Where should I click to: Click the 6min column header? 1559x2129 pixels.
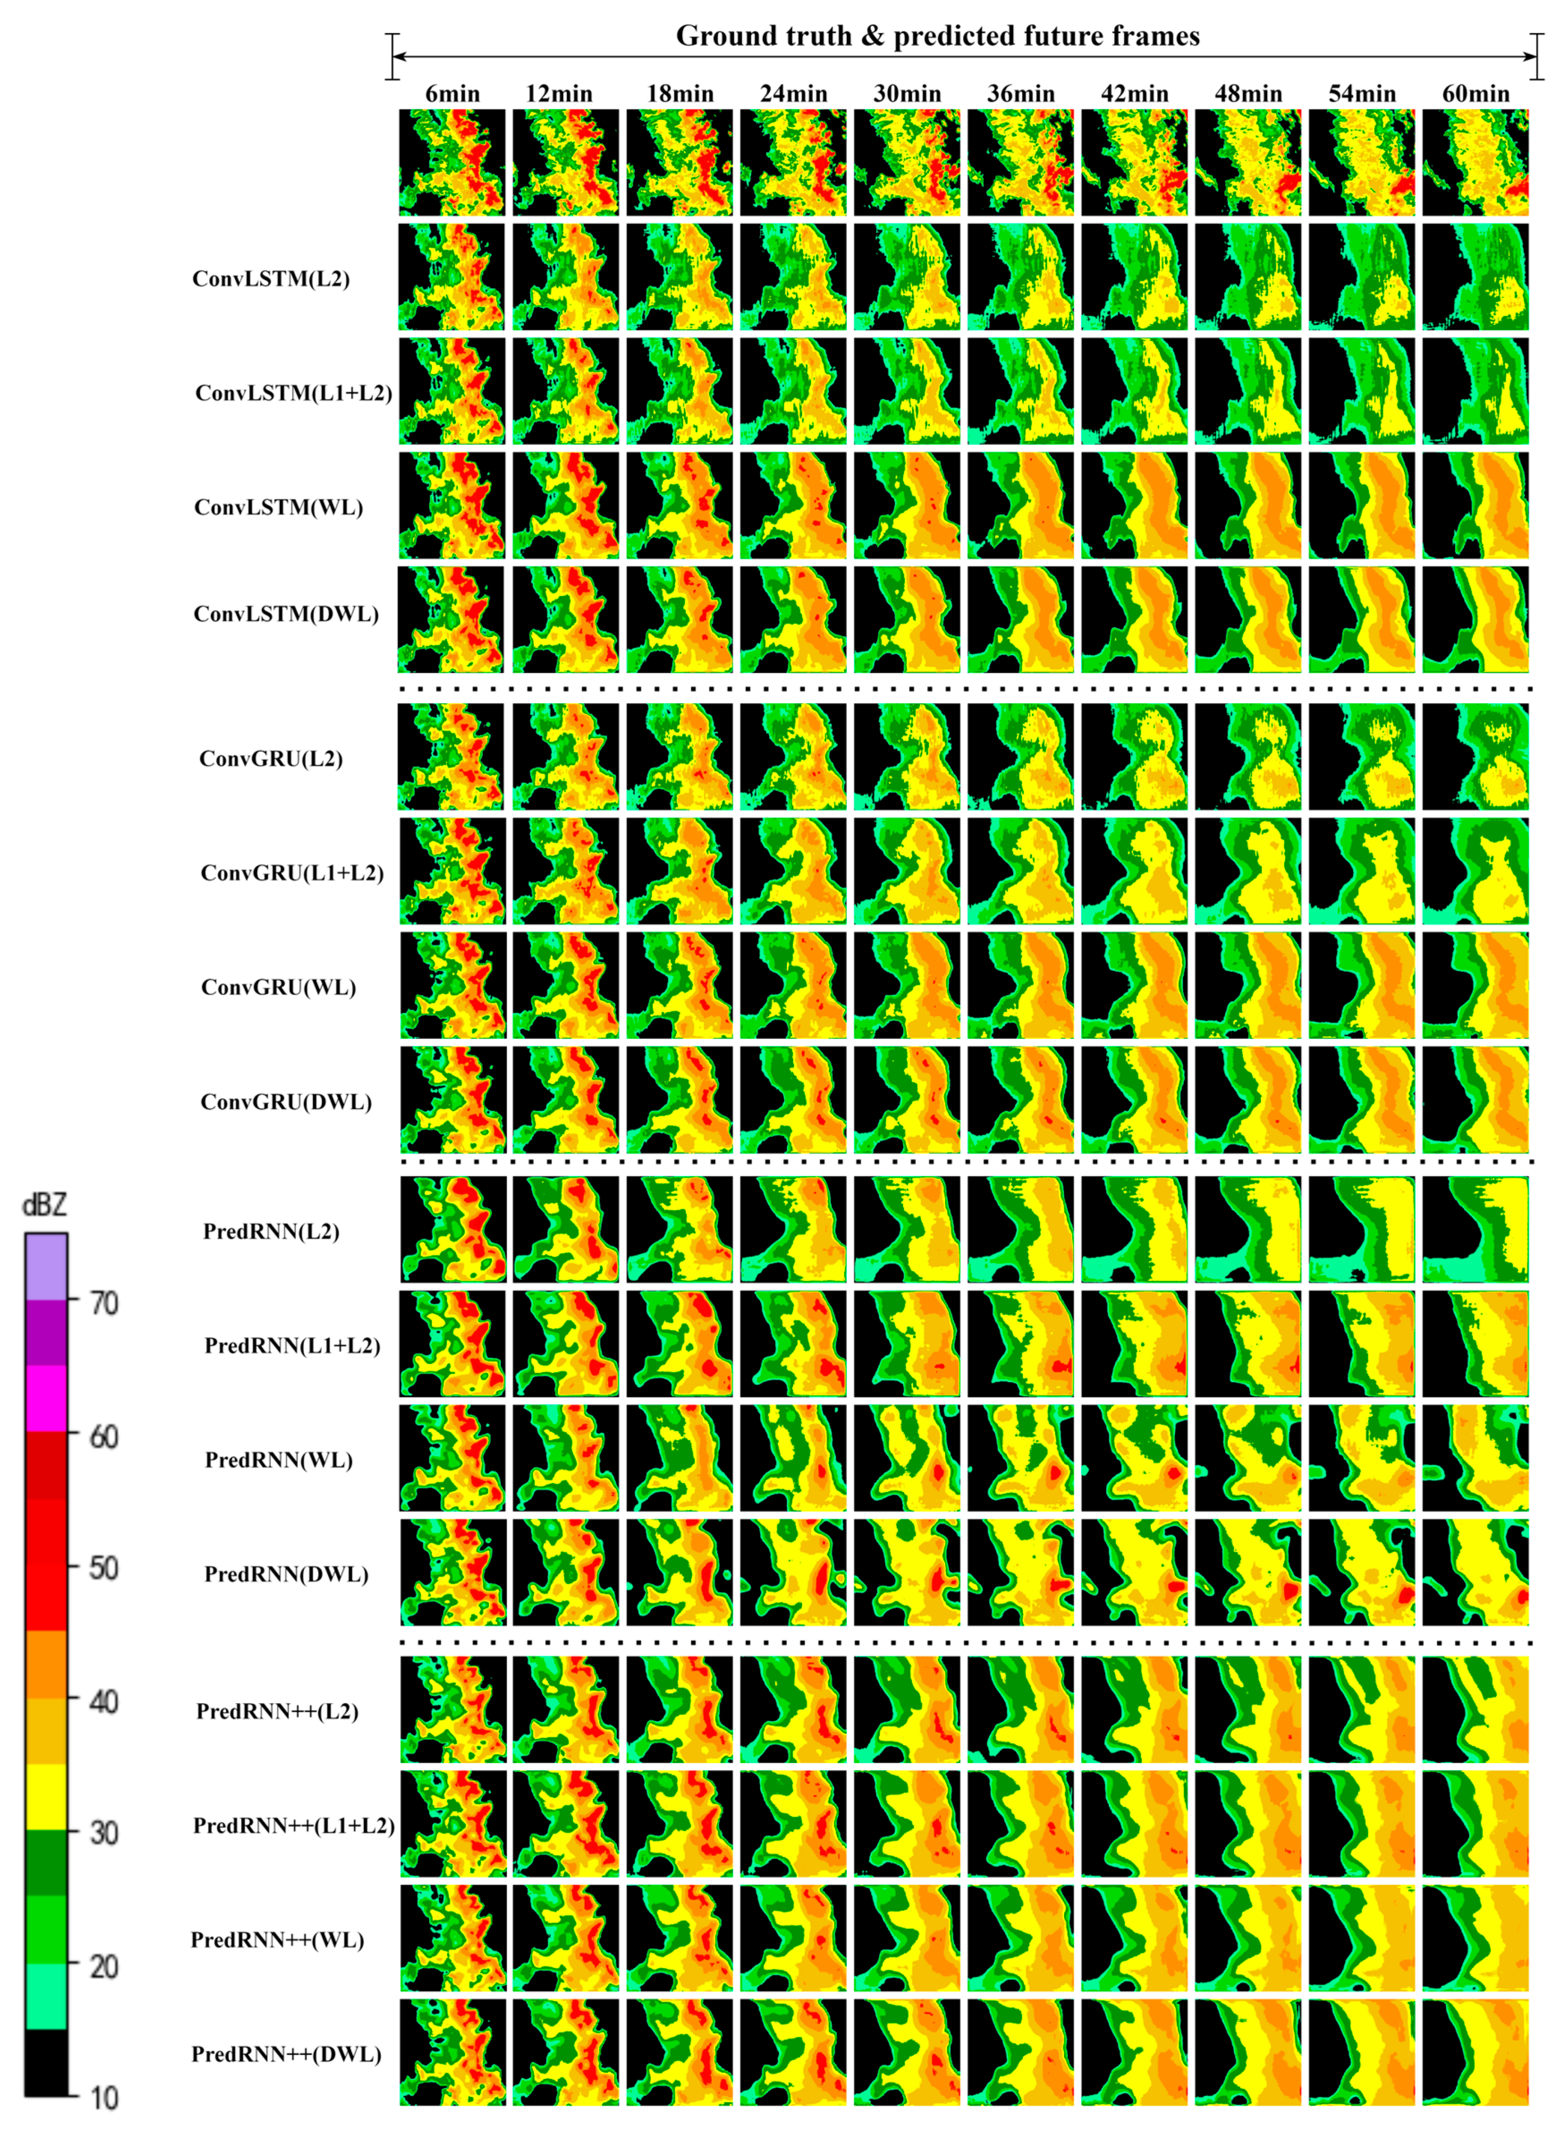tap(452, 94)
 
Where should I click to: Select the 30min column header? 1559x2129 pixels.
tap(907, 94)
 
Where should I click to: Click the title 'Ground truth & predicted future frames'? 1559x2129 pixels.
tap(937, 36)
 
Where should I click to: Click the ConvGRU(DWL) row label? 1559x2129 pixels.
tap(286, 1102)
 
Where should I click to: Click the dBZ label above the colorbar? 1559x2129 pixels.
tap(44, 1205)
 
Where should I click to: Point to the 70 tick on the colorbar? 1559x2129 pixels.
tap(103, 1304)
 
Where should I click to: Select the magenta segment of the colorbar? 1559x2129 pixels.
tap(45, 1399)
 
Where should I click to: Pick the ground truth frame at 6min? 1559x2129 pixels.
tap(452, 162)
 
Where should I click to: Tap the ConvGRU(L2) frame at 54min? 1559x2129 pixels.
tap(1362, 756)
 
